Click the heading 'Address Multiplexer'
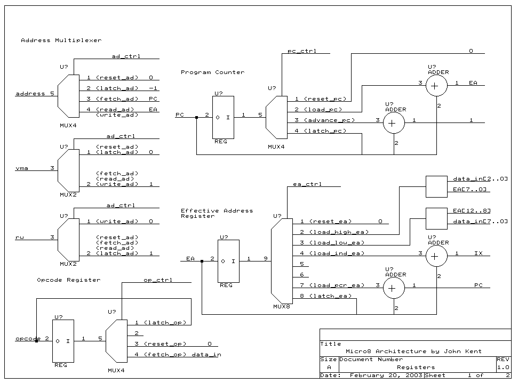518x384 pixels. click(61, 40)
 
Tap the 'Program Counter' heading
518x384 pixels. click(212, 72)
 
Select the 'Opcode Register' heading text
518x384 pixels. click(68, 280)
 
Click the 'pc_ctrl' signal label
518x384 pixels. click(301, 51)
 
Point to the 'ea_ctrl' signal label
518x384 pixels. click(307, 184)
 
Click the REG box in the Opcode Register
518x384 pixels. click(62, 341)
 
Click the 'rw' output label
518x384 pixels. click(20, 238)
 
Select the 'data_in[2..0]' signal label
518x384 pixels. click(480, 178)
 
